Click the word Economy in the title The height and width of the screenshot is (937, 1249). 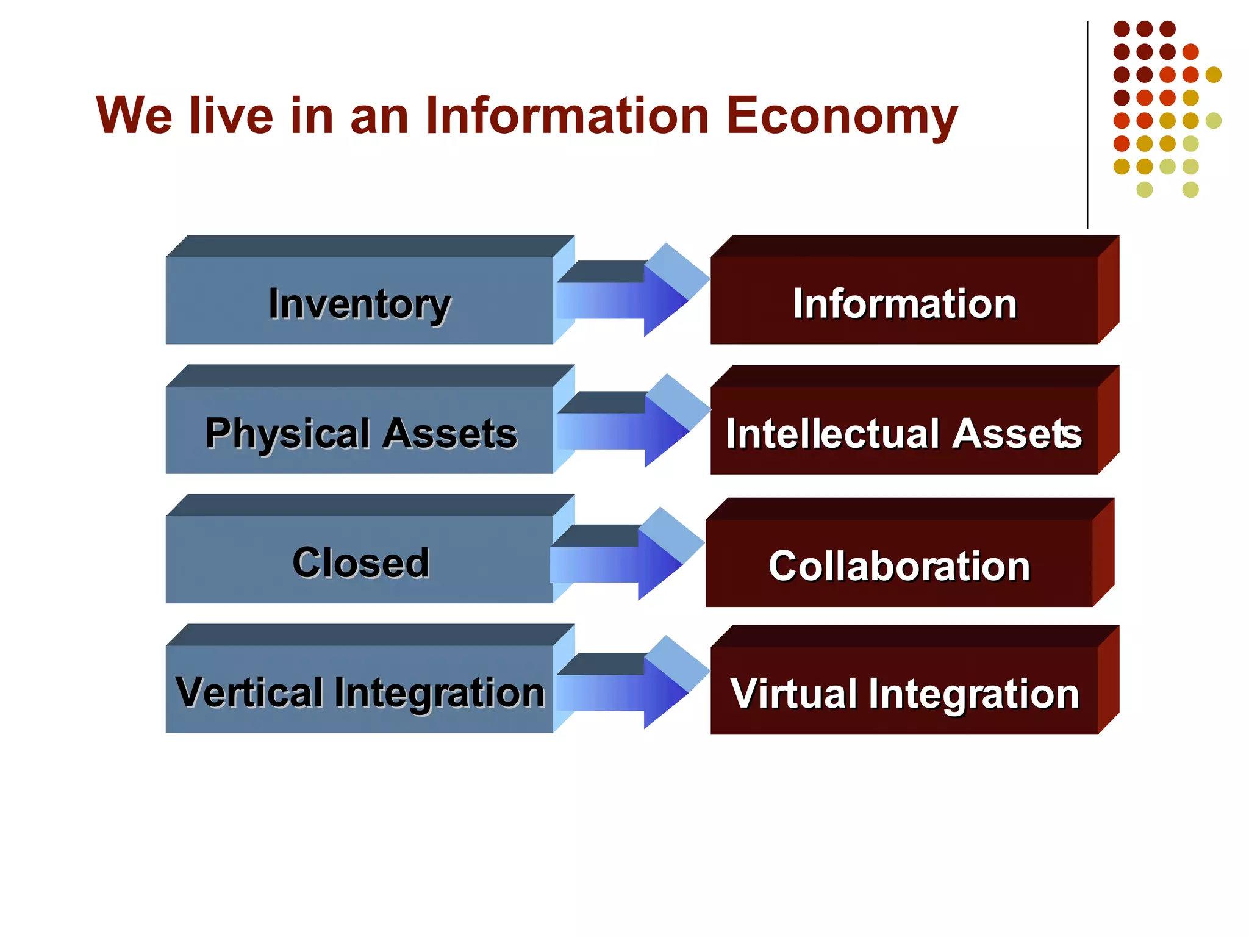[x=842, y=116]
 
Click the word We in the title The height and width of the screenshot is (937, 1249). [x=134, y=116]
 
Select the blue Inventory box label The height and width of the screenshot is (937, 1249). [x=360, y=304]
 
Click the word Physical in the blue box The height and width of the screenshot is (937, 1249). [x=287, y=434]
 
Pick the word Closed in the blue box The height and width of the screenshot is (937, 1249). [x=361, y=562]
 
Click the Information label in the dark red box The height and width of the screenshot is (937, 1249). [x=905, y=304]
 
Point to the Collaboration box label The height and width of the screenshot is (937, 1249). [x=900, y=566]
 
